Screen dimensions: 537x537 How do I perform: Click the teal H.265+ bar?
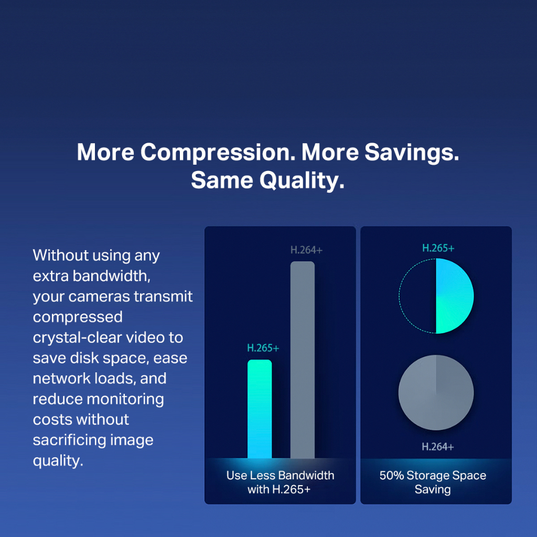tap(260, 409)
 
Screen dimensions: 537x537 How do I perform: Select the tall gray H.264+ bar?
tap(303, 360)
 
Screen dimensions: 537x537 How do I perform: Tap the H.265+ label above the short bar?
tap(263, 348)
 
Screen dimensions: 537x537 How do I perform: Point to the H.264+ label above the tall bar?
tap(306, 250)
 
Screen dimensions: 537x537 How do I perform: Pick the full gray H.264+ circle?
tap(436, 392)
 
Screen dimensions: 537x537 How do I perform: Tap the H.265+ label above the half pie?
tap(438, 248)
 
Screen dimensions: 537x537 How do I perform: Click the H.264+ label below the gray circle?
tap(438, 447)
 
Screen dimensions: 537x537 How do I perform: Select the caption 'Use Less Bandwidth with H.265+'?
tap(280, 482)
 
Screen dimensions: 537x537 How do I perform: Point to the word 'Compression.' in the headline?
tap(218, 152)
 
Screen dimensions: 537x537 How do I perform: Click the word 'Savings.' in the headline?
tap(412, 152)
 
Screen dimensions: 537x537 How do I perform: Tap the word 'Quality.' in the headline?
tap(302, 180)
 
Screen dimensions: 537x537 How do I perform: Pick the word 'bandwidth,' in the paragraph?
tap(112, 276)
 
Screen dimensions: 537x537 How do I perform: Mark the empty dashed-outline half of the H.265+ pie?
tap(399, 296)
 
